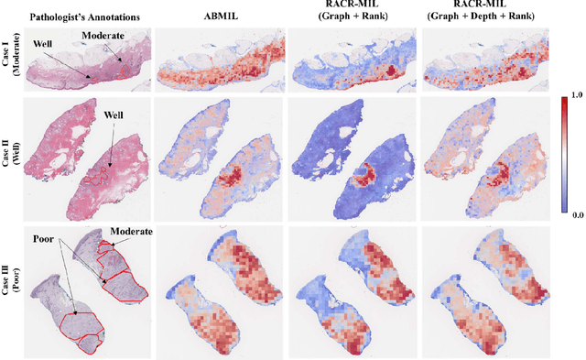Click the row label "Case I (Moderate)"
pos(11,60)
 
